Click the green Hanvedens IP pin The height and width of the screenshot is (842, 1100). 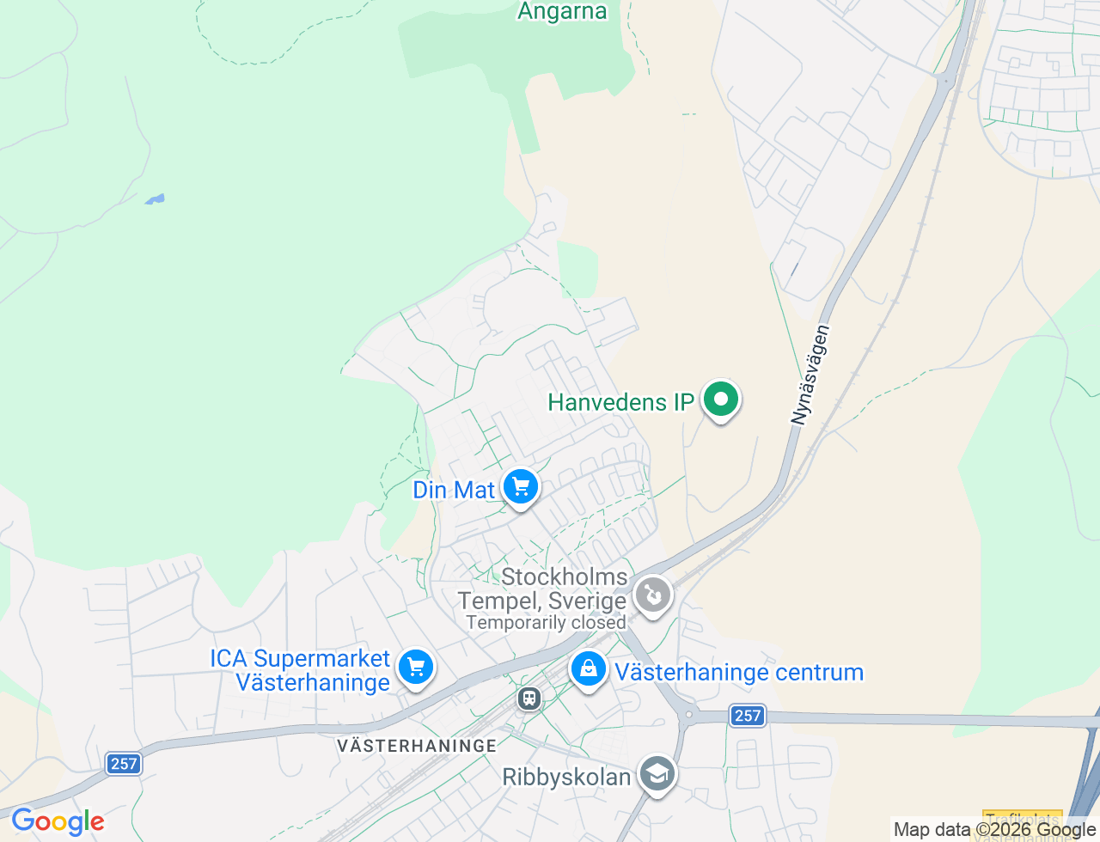point(721,400)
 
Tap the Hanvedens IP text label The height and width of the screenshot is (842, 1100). point(620,402)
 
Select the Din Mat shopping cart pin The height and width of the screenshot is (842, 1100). point(521,487)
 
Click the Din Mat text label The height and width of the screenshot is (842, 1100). point(454,490)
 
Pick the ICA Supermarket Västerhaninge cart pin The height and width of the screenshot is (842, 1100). point(416,667)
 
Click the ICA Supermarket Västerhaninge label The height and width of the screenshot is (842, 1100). point(301,670)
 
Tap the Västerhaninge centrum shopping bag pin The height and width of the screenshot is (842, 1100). point(589,668)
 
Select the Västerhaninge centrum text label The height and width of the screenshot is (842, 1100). point(739,672)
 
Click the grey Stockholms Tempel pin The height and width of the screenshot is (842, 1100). point(653,595)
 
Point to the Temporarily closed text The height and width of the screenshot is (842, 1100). point(546,623)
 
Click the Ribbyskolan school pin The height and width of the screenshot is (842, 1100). point(657,774)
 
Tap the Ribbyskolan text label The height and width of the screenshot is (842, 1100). point(566,777)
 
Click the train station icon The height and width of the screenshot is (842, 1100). point(529,698)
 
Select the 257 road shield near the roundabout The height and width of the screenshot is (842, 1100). point(748,715)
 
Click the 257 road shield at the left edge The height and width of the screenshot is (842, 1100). point(124,763)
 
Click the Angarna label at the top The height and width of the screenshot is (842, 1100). point(562,11)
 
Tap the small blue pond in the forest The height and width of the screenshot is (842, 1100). point(155,199)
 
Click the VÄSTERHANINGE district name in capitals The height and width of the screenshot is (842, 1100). point(417,745)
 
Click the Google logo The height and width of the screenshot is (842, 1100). point(58,821)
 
